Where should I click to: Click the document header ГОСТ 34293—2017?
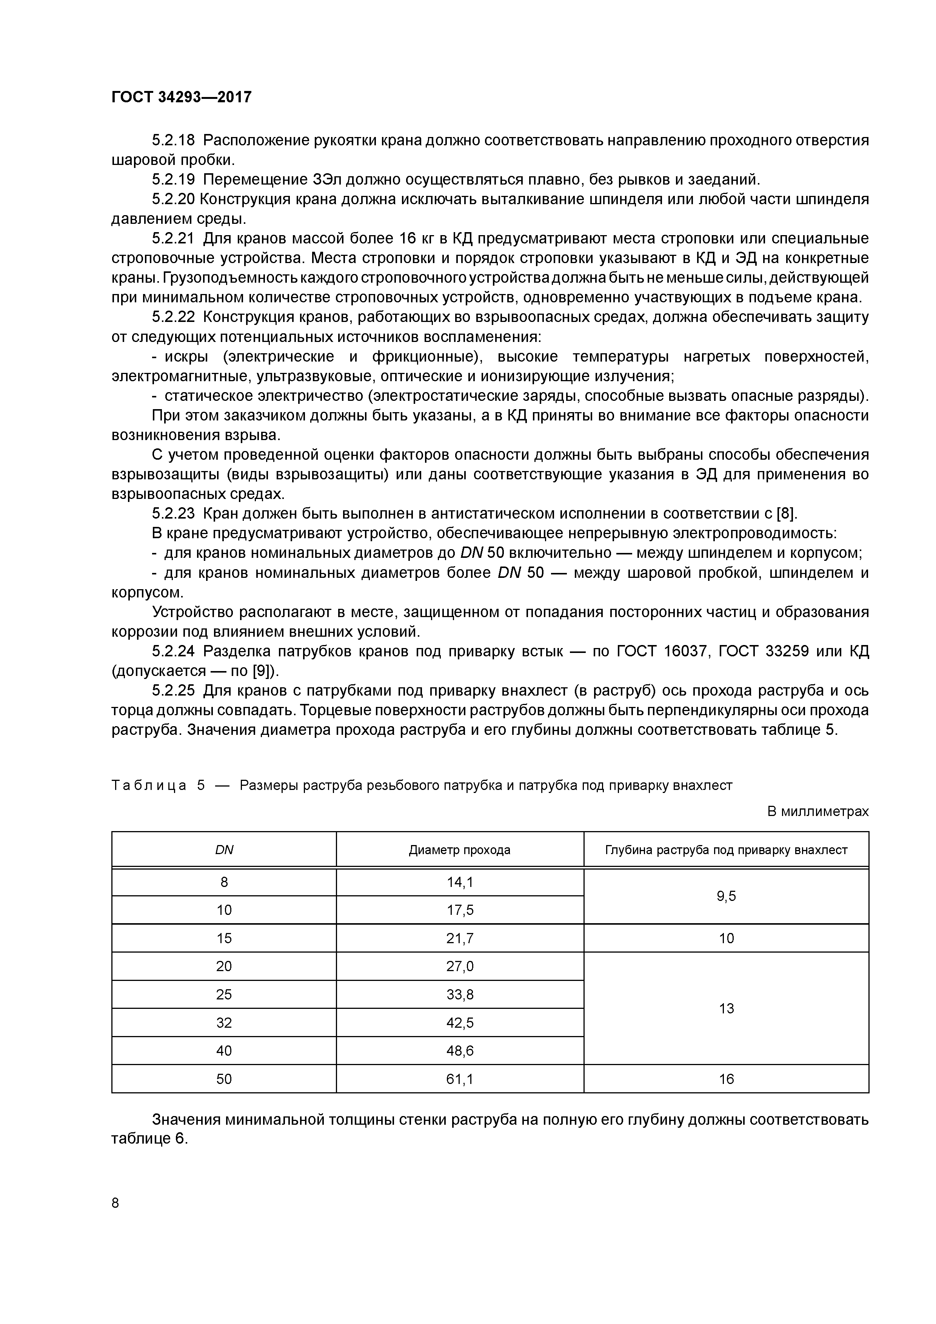point(181,97)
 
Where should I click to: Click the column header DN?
point(224,850)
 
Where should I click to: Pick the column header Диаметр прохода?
point(460,850)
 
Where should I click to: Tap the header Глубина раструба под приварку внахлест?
point(726,850)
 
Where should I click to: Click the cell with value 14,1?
point(460,882)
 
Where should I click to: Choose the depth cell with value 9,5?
point(726,896)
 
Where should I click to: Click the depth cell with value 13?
point(726,1008)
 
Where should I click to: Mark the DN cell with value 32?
point(224,1023)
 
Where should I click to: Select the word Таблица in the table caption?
point(149,785)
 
